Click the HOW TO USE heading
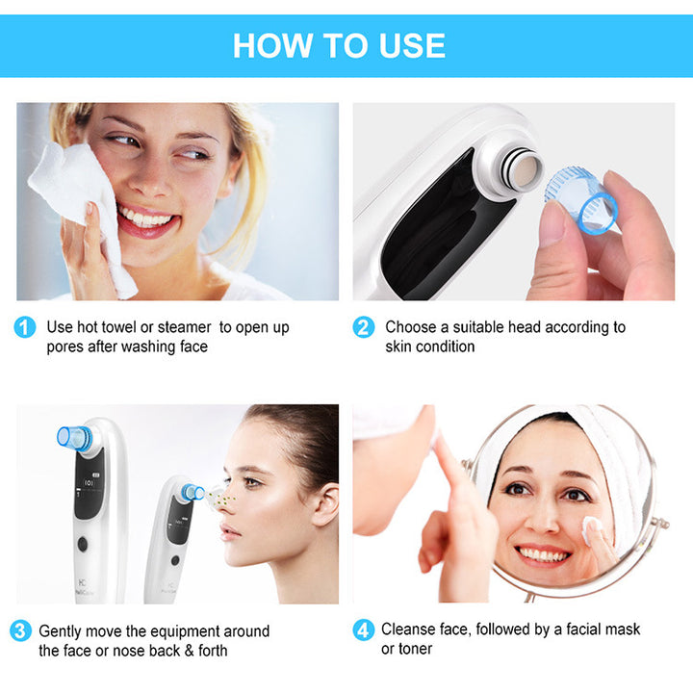click(x=339, y=45)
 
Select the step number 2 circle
click(x=363, y=327)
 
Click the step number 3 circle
click(x=21, y=631)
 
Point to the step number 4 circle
click(x=363, y=630)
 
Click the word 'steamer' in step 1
click(x=183, y=327)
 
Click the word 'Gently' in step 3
click(x=63, y=631)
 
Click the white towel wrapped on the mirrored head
click(x=616, y=452)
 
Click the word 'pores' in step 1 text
click(x=65, y=346)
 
